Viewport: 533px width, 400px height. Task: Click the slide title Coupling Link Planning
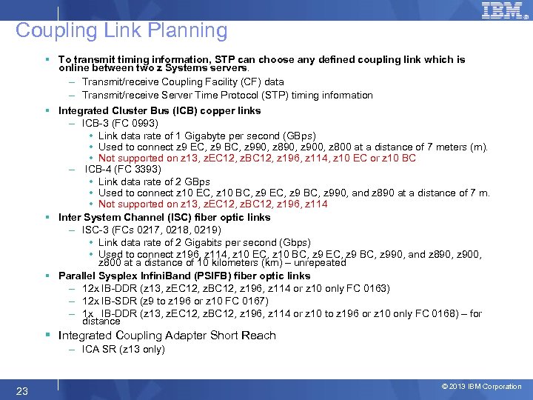(121, 30)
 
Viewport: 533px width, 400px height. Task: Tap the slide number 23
(22, 390)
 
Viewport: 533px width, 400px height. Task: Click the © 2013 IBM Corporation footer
(481, 387)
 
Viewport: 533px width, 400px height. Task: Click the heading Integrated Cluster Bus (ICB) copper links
(159, 110)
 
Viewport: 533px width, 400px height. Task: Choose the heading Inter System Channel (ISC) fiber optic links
(164, 217)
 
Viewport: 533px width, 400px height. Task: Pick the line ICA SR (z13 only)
(123, 349)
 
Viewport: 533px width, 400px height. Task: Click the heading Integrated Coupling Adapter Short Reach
(167, 336)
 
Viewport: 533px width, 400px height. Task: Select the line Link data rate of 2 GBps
(154, 181)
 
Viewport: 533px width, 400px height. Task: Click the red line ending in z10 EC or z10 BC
(257, 158)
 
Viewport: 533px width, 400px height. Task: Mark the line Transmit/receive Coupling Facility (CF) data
(183, 81)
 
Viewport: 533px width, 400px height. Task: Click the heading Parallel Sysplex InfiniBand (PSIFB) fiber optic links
(184, 276)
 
